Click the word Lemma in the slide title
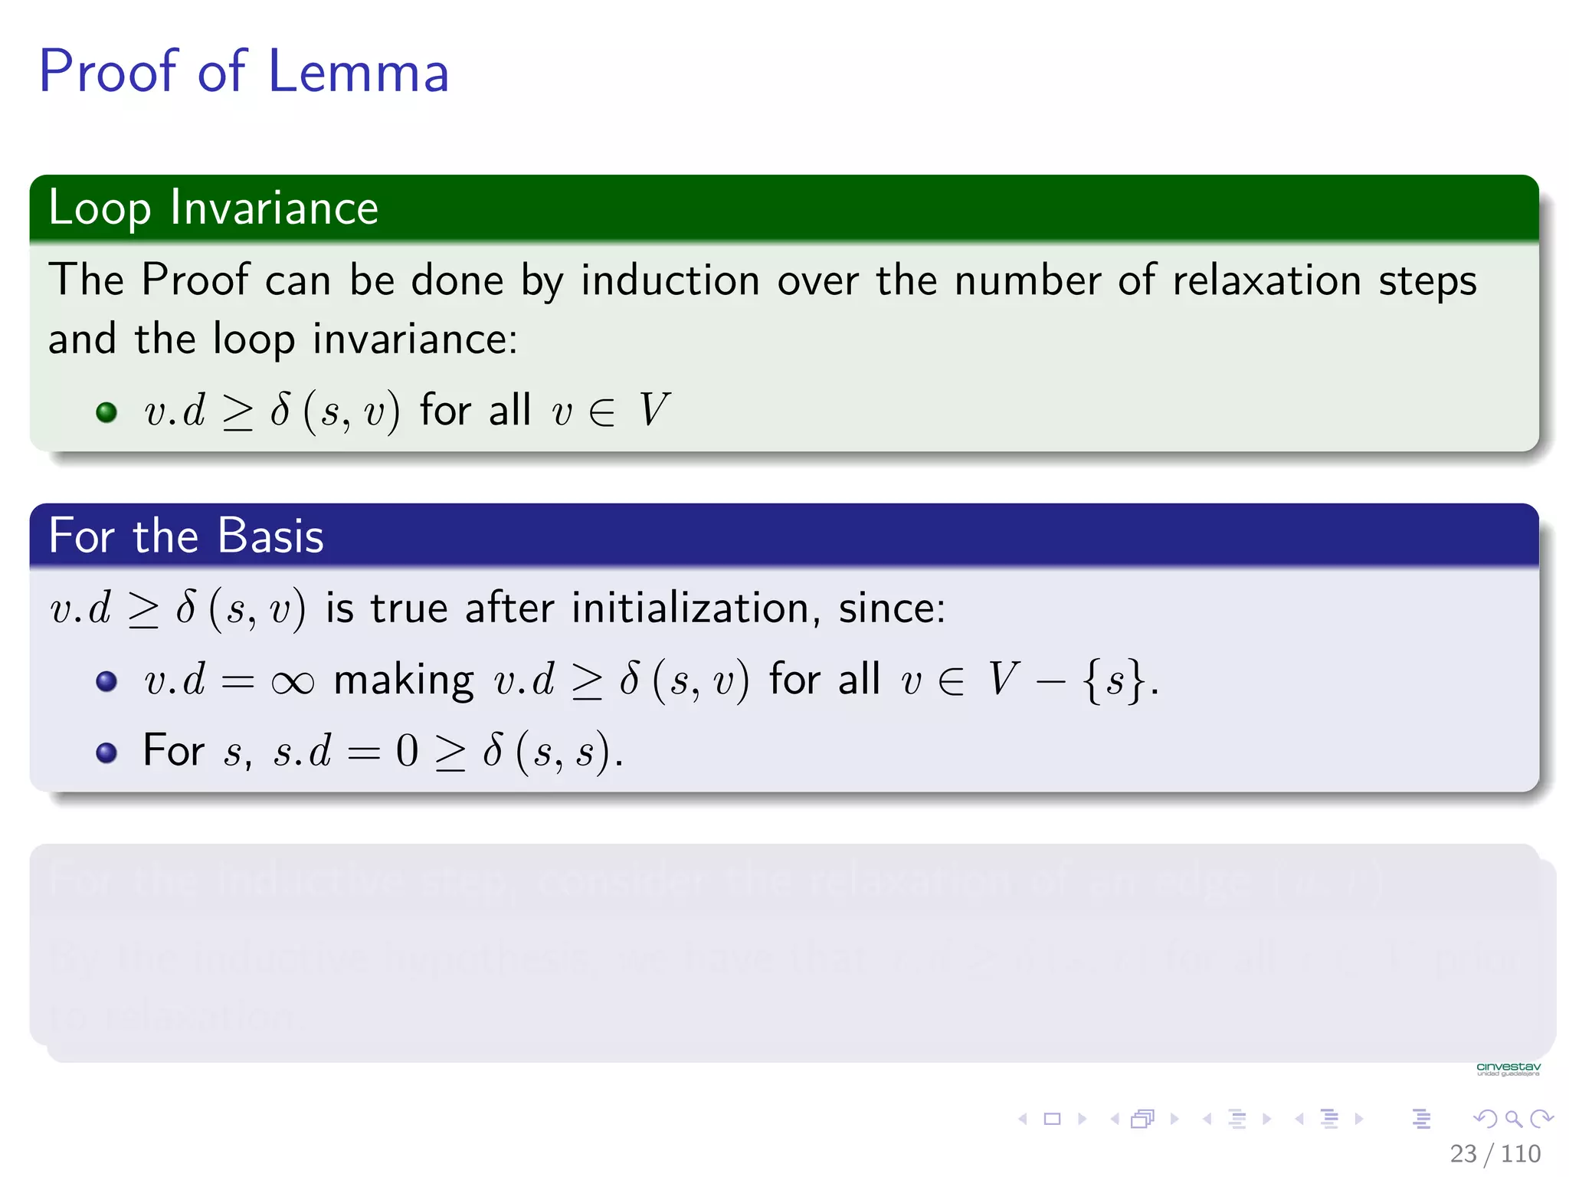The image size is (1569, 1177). (358, 72)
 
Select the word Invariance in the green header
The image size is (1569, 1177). (274, 208)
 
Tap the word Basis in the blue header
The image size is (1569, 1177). (270, 536)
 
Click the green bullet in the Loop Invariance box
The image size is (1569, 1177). (106, 412)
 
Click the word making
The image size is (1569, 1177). (404, 680)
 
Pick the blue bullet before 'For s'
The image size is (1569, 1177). (106, 752)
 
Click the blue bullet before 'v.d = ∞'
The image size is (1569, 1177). (106, 681)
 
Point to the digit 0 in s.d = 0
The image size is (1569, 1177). (407, 751)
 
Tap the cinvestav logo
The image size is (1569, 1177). (1508, 1069)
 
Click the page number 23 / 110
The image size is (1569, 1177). (1495, 1153)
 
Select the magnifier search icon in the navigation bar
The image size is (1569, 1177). (1513, 1119)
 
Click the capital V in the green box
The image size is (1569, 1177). (653, 410)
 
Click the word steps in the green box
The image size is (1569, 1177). (1427, 281)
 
